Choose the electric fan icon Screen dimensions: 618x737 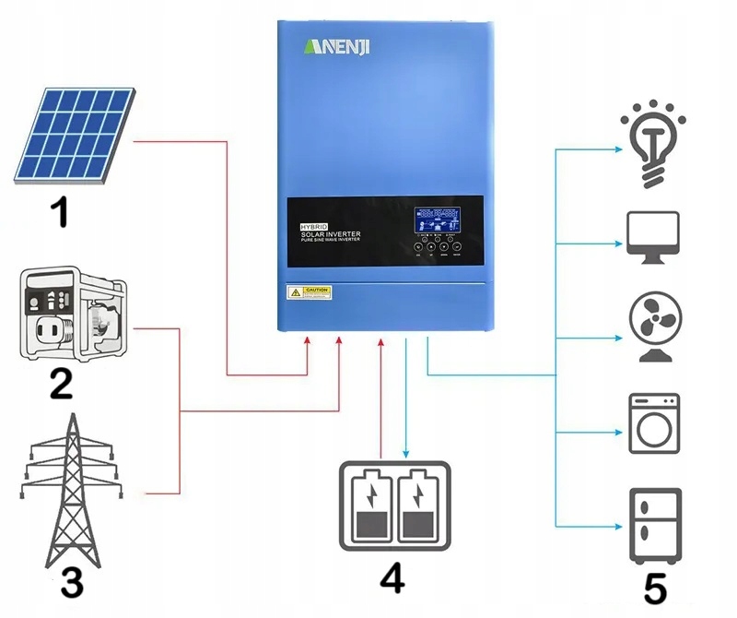[653, 327]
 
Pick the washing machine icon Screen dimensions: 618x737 [654, 423]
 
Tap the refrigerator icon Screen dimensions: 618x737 [655, 525]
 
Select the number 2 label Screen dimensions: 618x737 [61, 382]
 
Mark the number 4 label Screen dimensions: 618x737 [392, 577]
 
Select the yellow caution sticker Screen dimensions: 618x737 [310, 292]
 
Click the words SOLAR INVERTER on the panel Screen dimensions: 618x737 [332, 235]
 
